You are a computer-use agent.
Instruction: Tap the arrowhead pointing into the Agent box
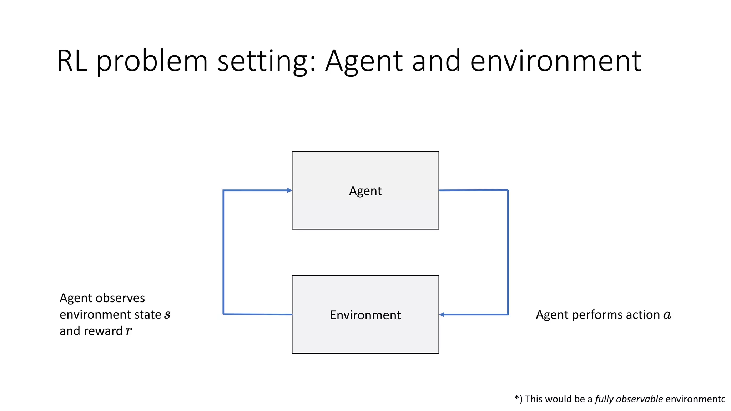289,191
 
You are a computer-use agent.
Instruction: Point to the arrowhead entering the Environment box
442,315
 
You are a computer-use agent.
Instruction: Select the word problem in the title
152,61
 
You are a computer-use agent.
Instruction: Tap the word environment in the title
556,61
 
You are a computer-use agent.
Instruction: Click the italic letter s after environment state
167,315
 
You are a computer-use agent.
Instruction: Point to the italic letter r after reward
128,331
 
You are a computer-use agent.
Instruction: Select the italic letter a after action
667,315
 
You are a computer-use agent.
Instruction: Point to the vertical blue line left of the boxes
223,252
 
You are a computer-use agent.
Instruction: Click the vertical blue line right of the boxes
508,252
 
